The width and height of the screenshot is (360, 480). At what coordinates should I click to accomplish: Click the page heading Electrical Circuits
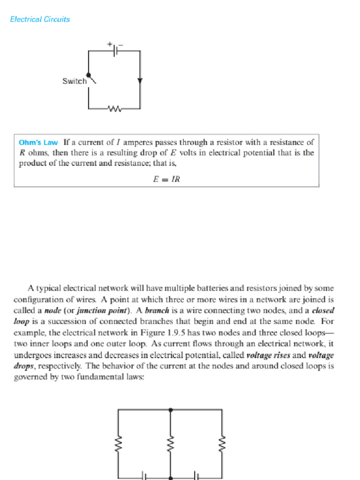pos(40,19)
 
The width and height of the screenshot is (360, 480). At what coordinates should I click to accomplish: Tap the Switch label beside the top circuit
pos(75,81)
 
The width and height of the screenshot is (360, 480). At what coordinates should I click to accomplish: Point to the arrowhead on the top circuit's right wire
pos(140,81)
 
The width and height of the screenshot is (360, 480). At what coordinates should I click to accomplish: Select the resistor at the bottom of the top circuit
pos(114,109)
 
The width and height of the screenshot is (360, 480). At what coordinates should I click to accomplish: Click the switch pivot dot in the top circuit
pos(89,75)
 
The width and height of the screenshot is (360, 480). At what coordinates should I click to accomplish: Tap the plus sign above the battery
pos(109,44)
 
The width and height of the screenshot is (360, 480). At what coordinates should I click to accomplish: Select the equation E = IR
pos(166,179)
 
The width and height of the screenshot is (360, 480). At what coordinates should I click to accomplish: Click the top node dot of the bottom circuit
pos(171,410)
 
